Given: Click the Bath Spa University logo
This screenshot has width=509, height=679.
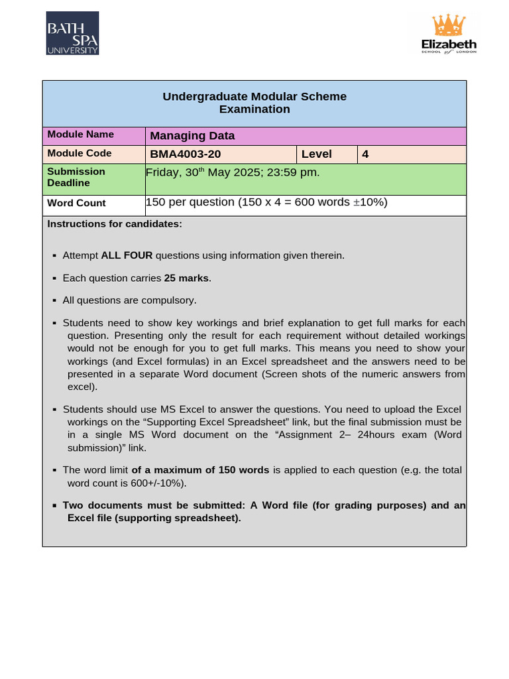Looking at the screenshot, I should click(72, 33).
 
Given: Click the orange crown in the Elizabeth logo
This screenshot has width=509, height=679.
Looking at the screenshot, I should click(449, 25).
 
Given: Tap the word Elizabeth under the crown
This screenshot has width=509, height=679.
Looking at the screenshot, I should click(449, 44).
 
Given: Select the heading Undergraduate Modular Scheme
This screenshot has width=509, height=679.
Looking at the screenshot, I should click(254, 97).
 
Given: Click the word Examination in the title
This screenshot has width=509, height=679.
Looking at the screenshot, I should click(254, 109).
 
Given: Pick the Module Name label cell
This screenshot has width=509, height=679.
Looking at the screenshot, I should click(80, 135).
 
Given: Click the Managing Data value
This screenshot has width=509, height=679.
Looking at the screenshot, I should click(192, 136).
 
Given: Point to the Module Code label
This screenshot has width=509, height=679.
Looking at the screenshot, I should click(80, 153).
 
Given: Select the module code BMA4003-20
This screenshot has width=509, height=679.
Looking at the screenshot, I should click(186, 154).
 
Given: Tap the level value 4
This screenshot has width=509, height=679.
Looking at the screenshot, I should click(365, 154).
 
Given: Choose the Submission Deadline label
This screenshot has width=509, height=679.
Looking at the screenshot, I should click(76, 177).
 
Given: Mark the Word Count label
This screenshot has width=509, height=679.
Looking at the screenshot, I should click(76, 204).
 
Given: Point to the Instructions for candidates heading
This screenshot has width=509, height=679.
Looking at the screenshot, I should click(115, 224).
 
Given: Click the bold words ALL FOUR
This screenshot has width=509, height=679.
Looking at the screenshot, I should click(127, 255).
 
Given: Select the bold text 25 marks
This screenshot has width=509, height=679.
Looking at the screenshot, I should click(186, 278).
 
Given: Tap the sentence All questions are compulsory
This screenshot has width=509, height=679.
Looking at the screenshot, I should click(129, 300).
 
